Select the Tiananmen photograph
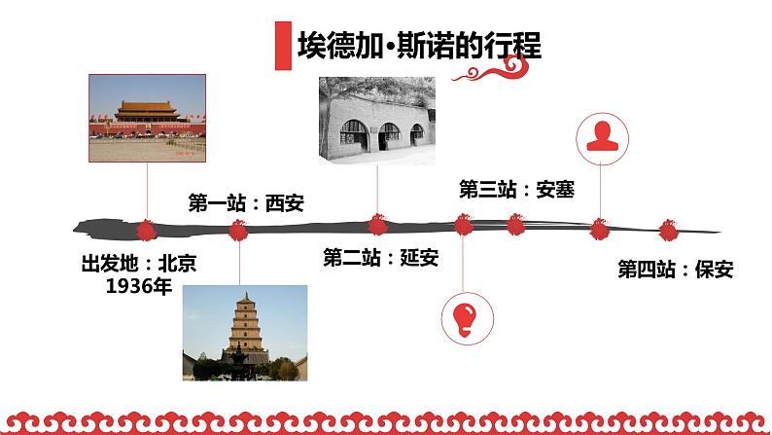tap(148, 117)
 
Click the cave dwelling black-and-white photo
tap(377, 123)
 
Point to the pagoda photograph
tap(244, 333)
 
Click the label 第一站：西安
tap(246, 202)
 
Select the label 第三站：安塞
tap(516, 189)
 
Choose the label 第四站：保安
tap(676, 270)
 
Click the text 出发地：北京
tap(139, 263)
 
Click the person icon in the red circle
tap(600, 137)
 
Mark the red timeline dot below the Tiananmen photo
tap(147, 230)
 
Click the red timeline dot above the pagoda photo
tap(238, 230)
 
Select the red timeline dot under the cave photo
tap(377, 226)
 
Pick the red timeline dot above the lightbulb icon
tap(463, 226)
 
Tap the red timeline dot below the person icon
tap(600, 230)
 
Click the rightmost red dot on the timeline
tap(668, 231)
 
